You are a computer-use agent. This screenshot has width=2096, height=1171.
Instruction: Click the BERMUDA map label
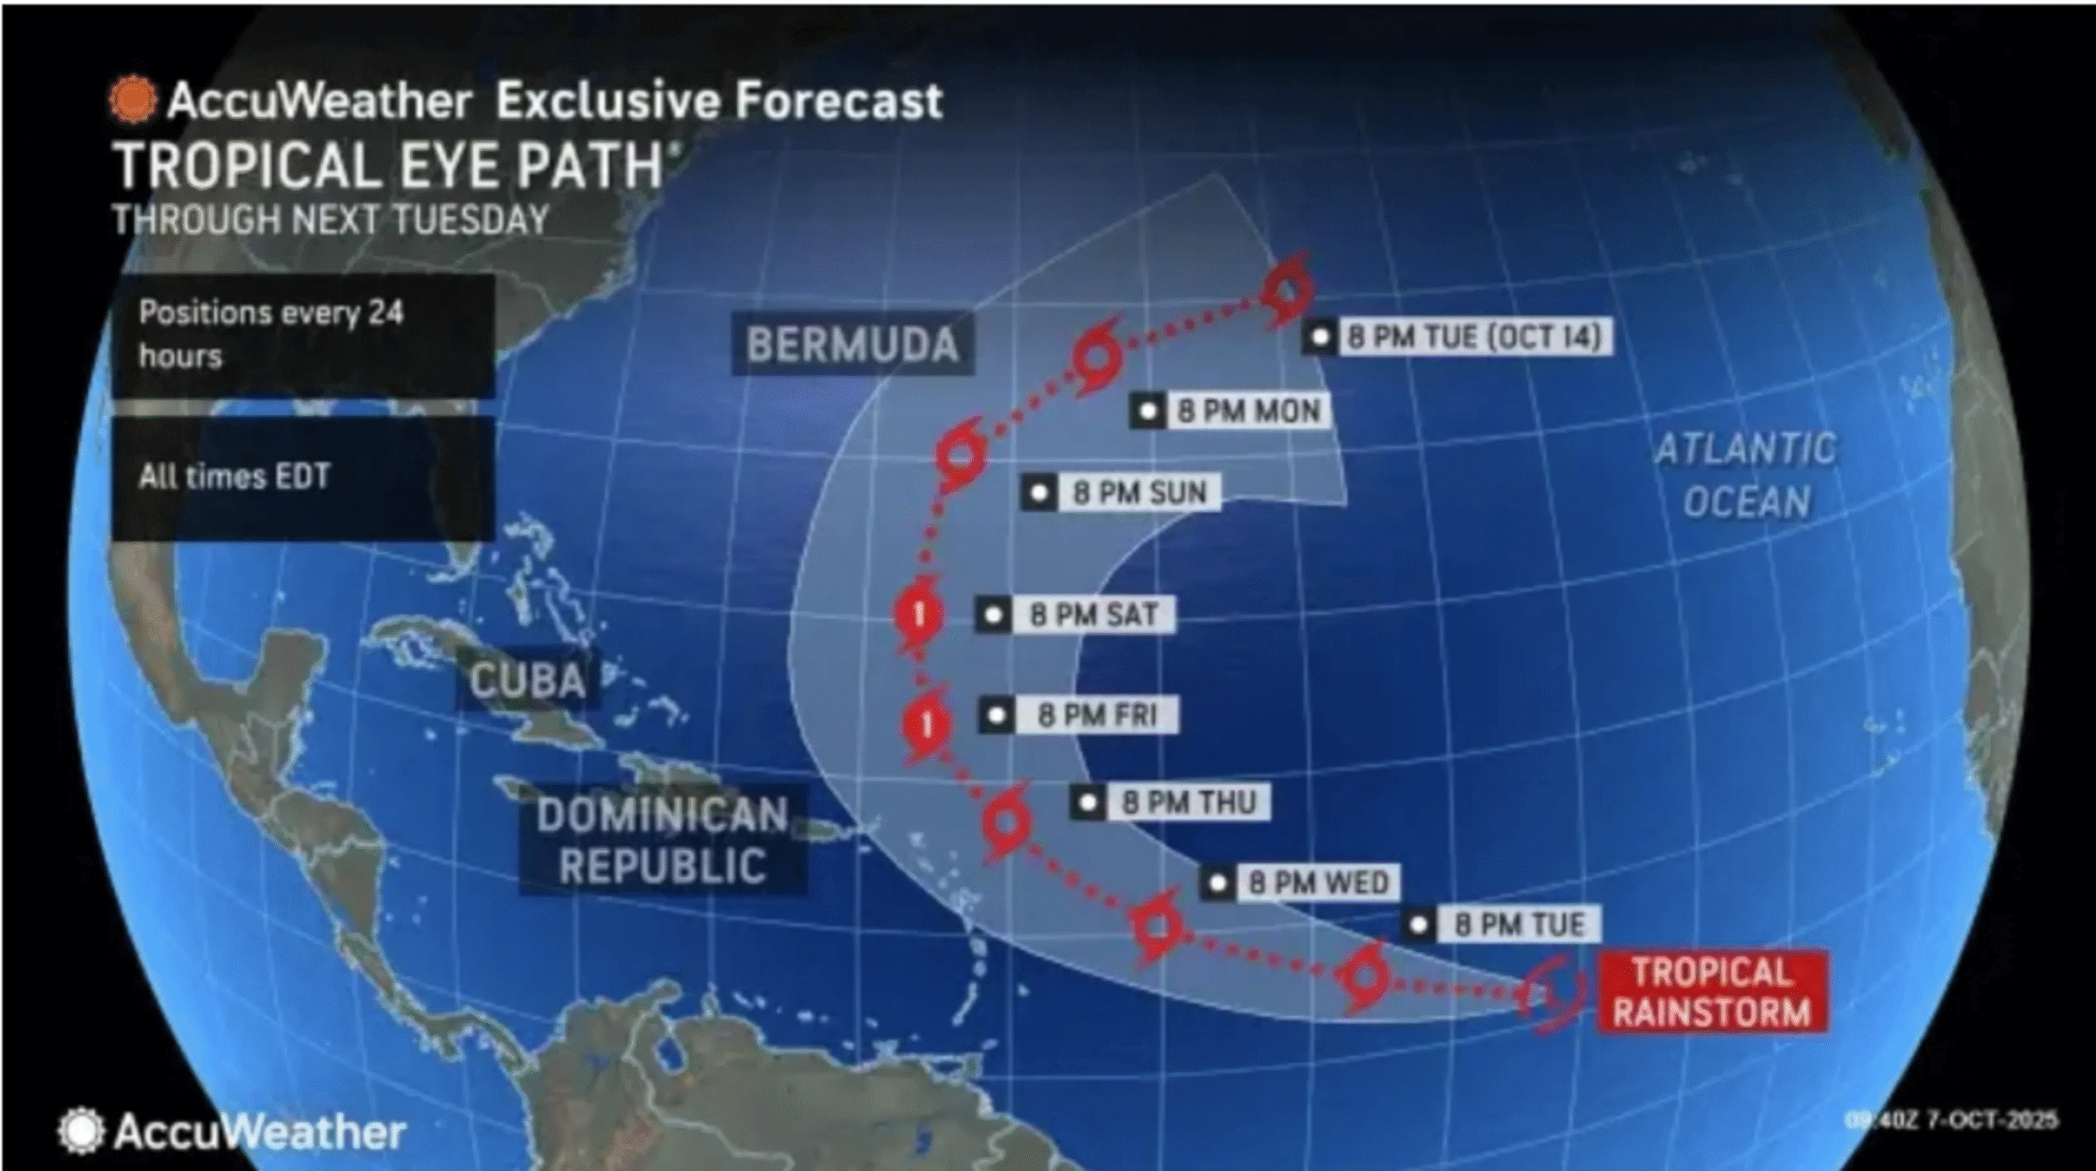852,344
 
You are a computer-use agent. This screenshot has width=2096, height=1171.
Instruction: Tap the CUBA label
527,680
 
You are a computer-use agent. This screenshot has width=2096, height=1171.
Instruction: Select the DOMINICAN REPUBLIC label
662,840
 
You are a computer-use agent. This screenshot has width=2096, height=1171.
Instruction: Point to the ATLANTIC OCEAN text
1746,475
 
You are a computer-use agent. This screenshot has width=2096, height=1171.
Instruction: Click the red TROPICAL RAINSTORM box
1712,992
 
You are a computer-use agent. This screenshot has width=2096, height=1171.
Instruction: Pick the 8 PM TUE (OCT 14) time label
1474,337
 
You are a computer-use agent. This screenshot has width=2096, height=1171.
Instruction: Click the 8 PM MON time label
1248,410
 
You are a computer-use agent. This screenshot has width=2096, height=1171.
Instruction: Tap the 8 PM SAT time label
1094,614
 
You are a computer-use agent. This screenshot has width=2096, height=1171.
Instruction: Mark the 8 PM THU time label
1188,803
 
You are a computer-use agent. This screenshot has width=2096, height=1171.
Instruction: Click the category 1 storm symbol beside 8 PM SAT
919,614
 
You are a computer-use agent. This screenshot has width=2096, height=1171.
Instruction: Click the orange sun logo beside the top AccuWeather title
133,100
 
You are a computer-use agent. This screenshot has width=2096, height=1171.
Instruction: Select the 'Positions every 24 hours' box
303,335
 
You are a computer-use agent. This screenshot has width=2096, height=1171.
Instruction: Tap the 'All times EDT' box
303,477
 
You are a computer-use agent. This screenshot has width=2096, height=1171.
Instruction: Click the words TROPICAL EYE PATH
388,166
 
